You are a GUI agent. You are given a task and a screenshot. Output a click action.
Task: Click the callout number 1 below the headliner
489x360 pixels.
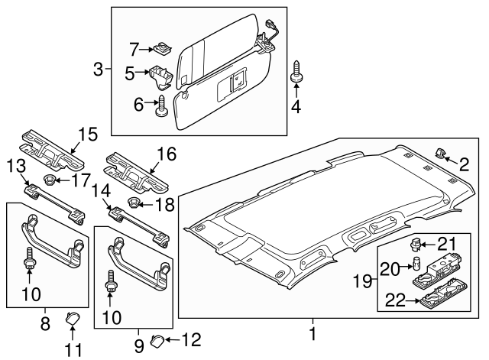pyautogui.click(x=312, y=333)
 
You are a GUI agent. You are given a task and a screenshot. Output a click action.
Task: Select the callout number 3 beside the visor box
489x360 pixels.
pyautogui.click(x=98, y=71)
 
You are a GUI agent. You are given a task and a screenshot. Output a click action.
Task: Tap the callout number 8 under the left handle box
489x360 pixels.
pyautogui.click(x=44, y=324)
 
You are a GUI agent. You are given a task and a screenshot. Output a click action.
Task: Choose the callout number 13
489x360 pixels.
pyautogui.click(x=16, y=167)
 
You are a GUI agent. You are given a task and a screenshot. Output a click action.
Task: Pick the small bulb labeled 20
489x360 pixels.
pyautogui.click(x=417, y=264)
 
